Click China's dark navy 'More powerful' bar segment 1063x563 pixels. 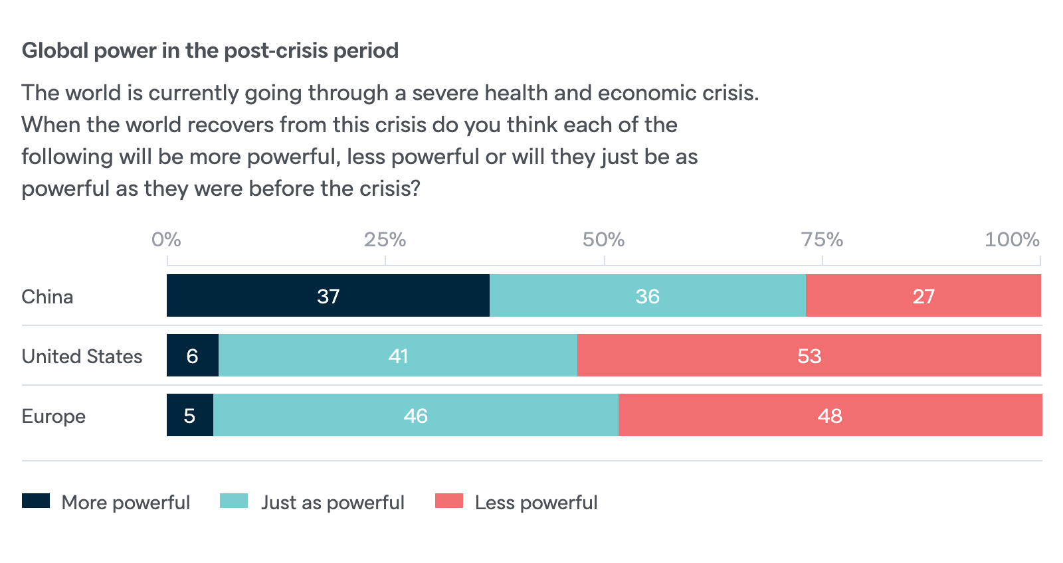(328, 295)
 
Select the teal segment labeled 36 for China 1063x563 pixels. (647, 295)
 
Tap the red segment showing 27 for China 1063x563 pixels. (923, 295)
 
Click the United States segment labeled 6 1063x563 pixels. (192, 355)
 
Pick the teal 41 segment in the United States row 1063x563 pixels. (397, 355)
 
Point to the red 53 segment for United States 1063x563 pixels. (809, 355)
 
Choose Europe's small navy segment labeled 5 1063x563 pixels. (189, 415)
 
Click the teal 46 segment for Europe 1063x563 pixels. (415, 415)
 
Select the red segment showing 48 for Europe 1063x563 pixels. (829, 415)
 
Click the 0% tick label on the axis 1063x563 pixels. (166, 239)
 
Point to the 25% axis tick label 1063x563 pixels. (385, 239)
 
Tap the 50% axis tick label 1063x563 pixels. (603, 239)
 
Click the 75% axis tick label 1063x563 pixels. (822, 239)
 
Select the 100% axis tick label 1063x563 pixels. (1011, 239)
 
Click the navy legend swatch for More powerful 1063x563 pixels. (36, 501)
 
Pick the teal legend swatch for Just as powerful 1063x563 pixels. (234, 501)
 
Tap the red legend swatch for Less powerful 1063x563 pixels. (449, 501)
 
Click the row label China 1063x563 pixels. (47, 296)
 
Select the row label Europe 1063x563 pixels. (54, 416)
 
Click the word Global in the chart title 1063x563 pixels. (56, 50)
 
